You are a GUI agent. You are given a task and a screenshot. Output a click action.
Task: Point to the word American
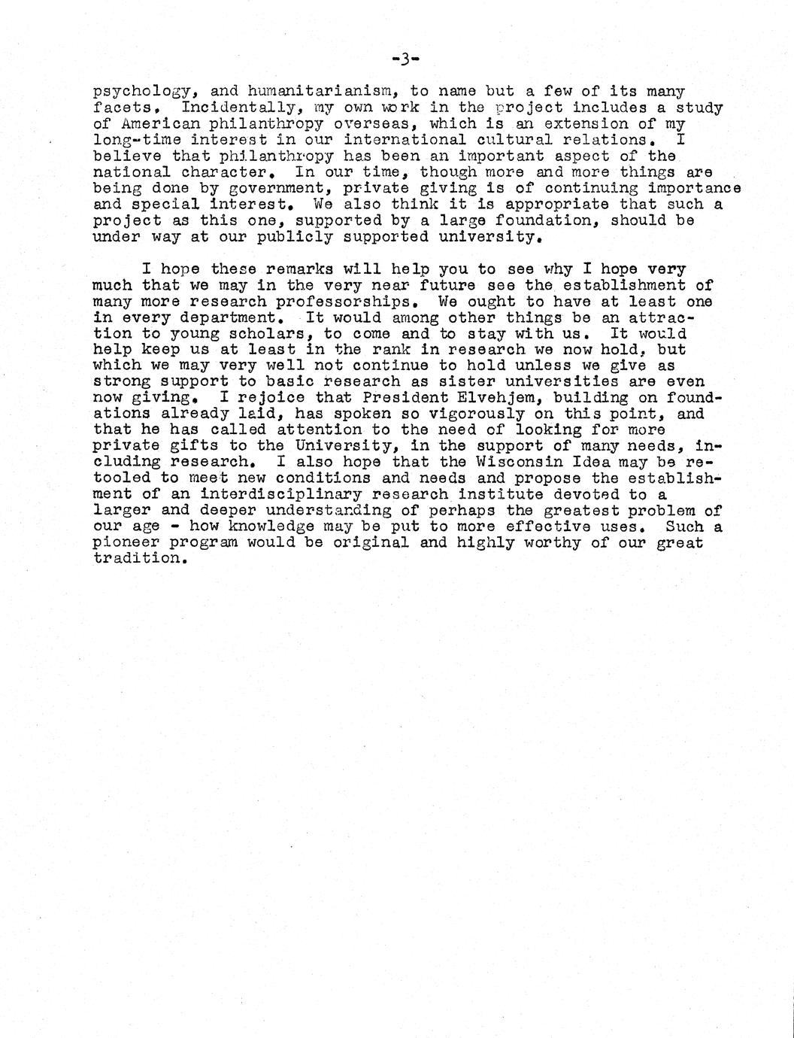coord(155,124)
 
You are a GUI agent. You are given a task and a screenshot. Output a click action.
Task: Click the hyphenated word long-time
coord(136,140)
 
